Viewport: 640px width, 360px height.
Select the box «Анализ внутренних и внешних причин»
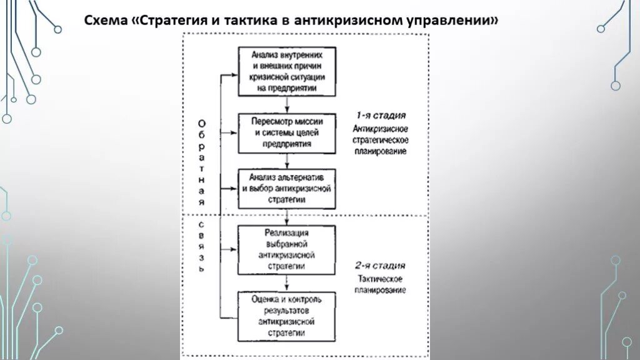point(287,71)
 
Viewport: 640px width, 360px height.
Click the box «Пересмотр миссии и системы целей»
point(287,133)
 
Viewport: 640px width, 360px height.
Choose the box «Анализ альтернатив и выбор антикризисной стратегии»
point(287,187)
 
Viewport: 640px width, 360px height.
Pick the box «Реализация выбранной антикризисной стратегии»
point(287,249)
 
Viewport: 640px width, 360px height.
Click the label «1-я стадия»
point(381,116)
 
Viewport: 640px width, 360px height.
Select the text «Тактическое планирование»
point(381,284)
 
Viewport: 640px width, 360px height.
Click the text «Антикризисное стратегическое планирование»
point(381,139)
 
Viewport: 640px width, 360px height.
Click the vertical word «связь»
point(201,246)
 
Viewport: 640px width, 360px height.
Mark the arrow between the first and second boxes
point(287,104)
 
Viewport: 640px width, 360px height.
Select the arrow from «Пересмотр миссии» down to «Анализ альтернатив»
point(287,161)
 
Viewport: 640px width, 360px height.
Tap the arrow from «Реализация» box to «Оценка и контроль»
point(287,282)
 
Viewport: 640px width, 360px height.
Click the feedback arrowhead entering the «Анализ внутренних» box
point(234,75)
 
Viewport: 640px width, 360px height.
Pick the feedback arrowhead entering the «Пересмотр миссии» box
point(234,132)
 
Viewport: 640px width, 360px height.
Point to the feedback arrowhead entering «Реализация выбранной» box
point(234,249)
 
